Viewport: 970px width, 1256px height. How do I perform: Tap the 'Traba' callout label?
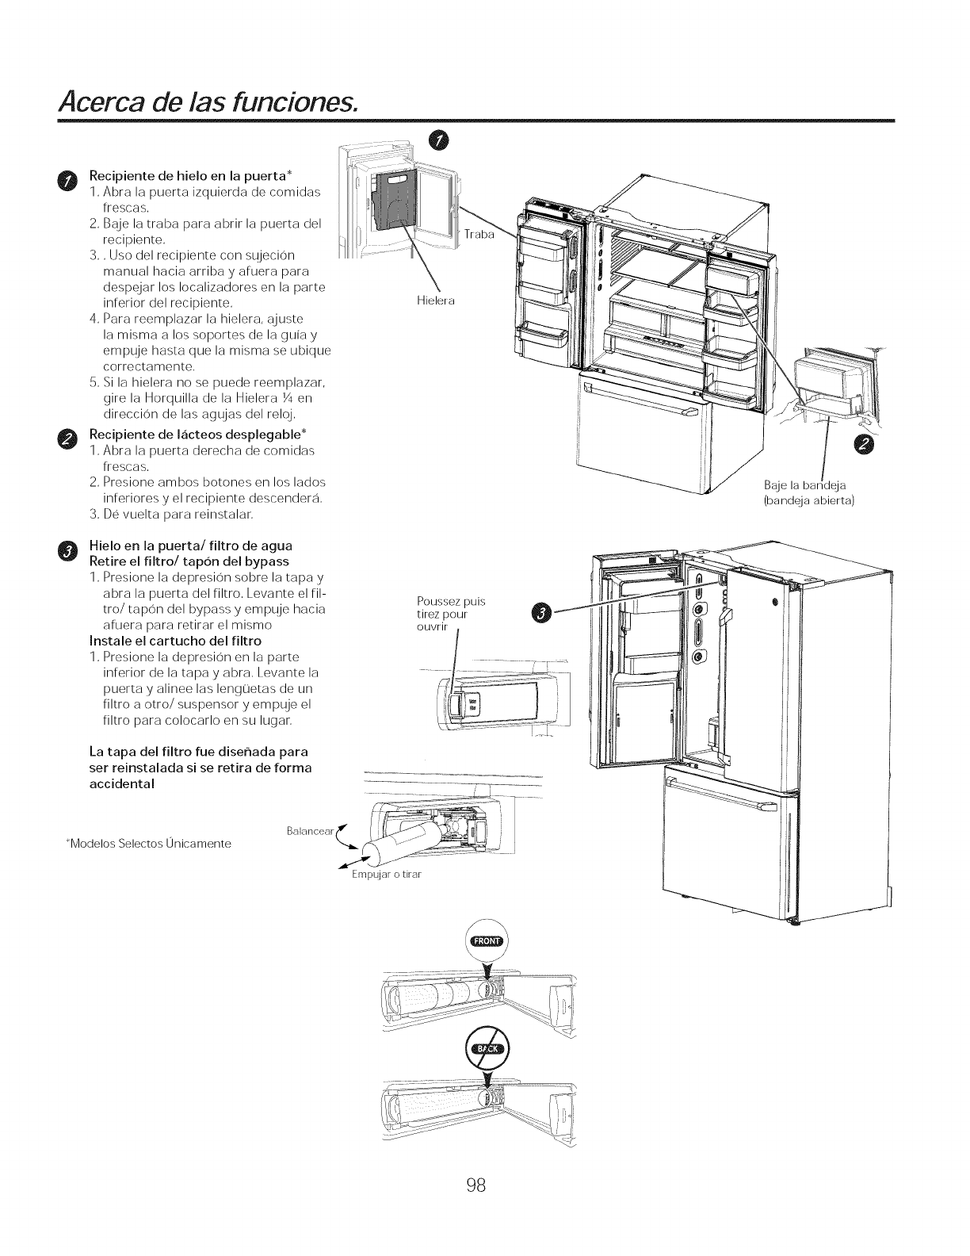click(x=478, y=235)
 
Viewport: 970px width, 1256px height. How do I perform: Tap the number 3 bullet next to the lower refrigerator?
click(x=541, y=612)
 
